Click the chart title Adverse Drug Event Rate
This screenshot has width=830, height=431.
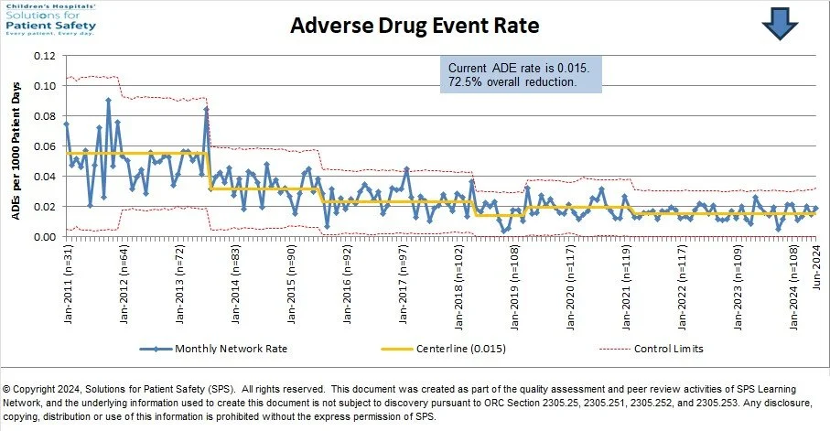415,26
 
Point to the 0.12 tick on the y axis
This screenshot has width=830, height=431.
43,56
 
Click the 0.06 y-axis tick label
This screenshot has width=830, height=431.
43,146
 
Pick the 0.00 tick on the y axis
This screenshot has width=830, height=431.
43,237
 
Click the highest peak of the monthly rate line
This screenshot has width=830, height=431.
108,100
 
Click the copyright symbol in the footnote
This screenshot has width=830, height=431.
8,389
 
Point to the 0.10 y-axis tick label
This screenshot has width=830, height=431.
43,86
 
